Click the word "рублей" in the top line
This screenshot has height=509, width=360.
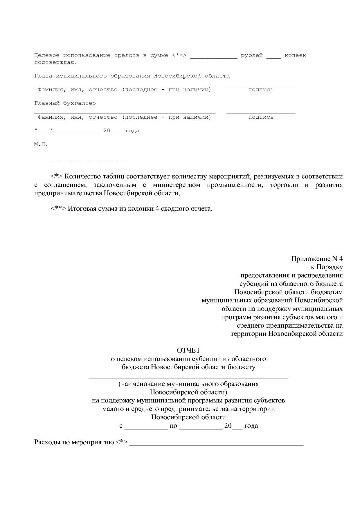(x=252, y=55)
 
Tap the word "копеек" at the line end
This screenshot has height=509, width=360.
(x=295, y=55)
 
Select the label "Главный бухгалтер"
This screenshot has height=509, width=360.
(x=65, y=103)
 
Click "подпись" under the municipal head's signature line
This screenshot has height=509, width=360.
(x=261, y=90)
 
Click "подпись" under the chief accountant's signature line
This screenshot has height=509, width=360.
(x=261, y=117)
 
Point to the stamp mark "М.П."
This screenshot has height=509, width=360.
(x=41, y=144)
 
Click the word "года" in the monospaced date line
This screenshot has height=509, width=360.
(x=132, y=131)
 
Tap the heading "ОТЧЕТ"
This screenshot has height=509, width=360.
(x=188, y=350)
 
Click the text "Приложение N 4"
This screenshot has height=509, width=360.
(x=317, y=259)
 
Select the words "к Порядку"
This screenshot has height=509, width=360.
(x=327, y=267)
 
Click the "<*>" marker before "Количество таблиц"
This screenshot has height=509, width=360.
(x=57, y=176)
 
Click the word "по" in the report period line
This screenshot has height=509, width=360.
(x=173, y=426)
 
